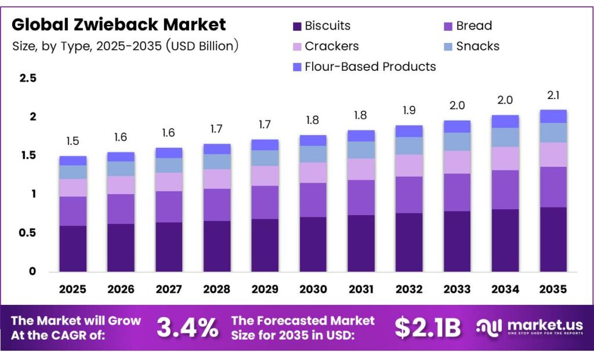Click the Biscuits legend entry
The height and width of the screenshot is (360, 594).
(321, 26)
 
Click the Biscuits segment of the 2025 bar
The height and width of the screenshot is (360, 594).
(73, 248)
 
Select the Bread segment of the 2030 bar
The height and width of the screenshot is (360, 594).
(313, 200)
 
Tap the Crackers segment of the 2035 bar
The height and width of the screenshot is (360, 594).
(553, 154)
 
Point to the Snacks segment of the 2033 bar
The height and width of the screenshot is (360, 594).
(457, 141)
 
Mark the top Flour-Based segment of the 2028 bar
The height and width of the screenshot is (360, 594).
(217, 148)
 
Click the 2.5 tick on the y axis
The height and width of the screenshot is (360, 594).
(28, 78)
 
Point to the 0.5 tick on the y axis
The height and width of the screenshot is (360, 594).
(28, 233)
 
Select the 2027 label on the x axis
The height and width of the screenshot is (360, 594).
(169, 289)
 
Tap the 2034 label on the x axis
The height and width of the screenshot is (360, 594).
(505, 289)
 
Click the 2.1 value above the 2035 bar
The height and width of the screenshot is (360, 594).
(553, 96)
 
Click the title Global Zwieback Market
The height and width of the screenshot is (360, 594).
(119, 24)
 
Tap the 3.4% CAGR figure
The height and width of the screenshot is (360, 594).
(187, 328)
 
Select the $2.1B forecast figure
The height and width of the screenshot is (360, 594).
(428, 328)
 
